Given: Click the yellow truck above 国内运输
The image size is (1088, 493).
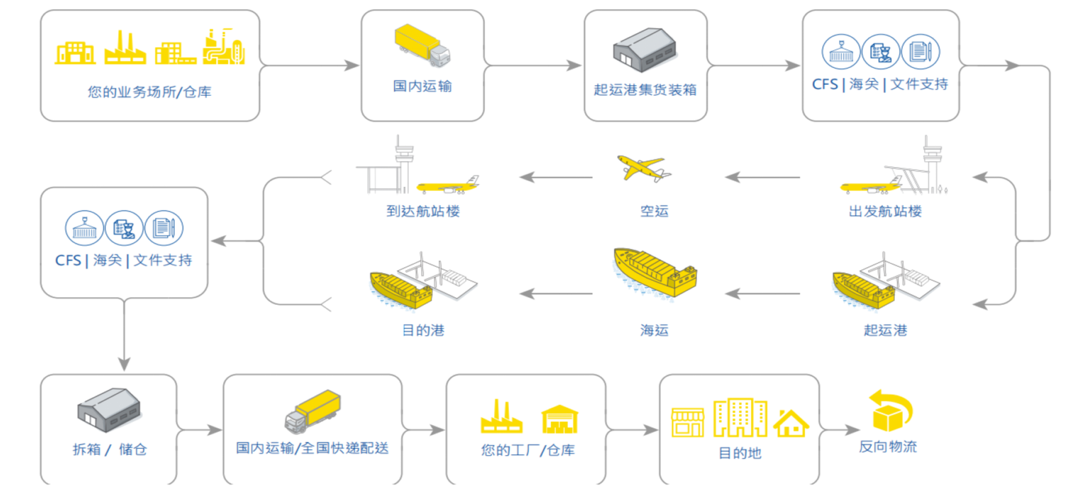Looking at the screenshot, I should pyautogui.click(x=422, y=45).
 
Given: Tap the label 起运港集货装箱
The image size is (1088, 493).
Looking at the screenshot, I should pyautogui.click(x=645, y=90).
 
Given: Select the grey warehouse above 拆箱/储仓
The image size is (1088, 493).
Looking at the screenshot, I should pyautogui.click(x=109, y=409).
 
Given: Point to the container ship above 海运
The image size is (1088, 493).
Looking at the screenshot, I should pyautogui.click(x=654, y=271).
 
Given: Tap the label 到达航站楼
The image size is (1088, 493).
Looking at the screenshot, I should pyautogui.click(x=423, y=211).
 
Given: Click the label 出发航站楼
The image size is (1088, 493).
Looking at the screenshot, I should pyautogui.click(x=885, y=211).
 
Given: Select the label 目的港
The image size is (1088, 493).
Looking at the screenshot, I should pyautogui.click(x=423, y=330).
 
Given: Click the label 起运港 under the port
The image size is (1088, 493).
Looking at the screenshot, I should pyautogui.click(x=885, y=330).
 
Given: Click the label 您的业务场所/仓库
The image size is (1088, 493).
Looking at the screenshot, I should pyautogui.click(x=150, y=92).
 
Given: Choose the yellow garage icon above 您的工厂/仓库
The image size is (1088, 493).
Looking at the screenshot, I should pyautogui.click(x=560, y=419).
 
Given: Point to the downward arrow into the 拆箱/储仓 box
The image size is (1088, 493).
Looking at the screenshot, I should pyautogui.click(x=124, y=362).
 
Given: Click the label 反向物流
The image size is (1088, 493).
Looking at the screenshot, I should pyautogui.click(x=888, y=447).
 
